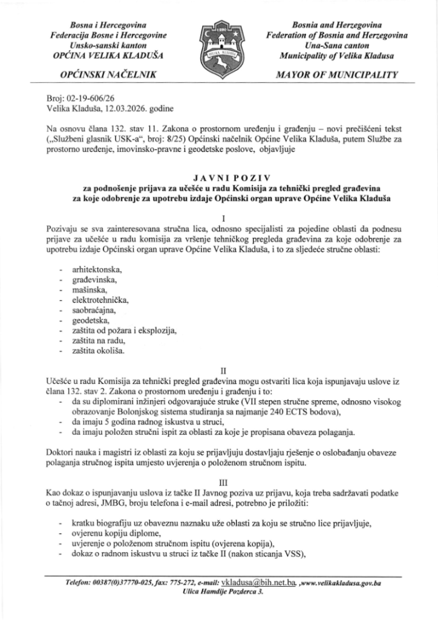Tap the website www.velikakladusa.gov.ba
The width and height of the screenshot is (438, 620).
coord(344,582)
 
